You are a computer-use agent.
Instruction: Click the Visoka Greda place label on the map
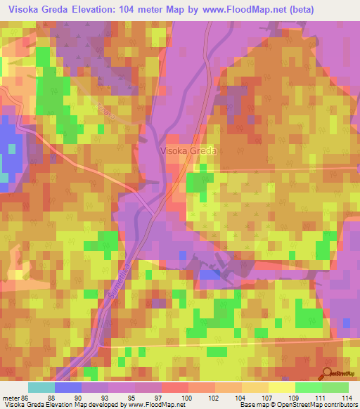[189, 150]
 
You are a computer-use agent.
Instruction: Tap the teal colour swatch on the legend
[41, 387]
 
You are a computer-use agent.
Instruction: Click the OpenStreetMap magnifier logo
[327, 375]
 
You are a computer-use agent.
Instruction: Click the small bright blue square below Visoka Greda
[210, 274]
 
